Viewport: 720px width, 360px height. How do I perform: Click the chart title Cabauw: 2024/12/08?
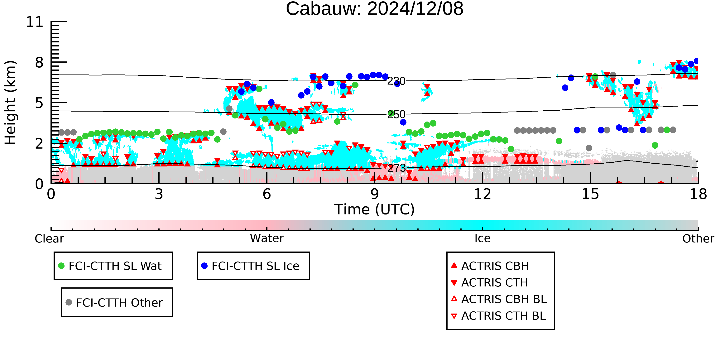(x=375, y=9)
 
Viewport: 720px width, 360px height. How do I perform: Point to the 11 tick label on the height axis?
(x=35, y=22)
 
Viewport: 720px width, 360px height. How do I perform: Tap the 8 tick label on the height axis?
(x=39, y=62)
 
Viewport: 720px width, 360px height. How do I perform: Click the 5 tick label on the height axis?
(x=39, y=103)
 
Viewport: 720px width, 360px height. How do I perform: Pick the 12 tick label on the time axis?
(x=482, y=194)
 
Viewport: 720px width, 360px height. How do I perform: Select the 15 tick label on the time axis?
(x=590, y=194)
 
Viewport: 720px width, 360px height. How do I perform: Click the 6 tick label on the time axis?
(x=267, y=194)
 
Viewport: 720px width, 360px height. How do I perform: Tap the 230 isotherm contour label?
(x=396, y=81)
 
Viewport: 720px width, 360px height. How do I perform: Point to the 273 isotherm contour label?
(x=396, y=168)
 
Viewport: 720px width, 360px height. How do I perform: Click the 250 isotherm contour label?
(x=396, y=114)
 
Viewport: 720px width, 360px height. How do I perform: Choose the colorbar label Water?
(x=267, y=238)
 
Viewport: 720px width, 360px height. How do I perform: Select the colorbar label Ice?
(x=482, y=238)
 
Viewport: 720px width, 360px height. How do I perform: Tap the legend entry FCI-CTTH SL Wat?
(x=110, y=266)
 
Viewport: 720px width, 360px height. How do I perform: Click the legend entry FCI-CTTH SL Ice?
(x=250, y=266)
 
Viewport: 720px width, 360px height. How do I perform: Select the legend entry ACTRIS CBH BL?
(x=499, y=299)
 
